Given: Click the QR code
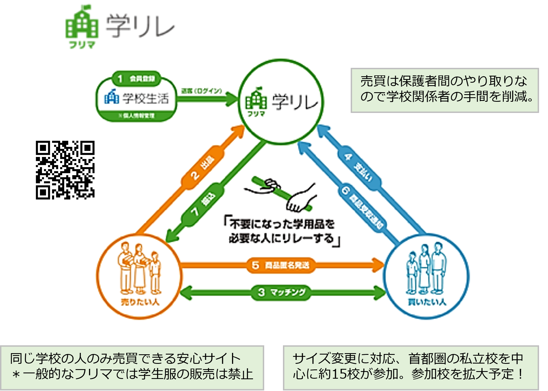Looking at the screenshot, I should coord(65,170).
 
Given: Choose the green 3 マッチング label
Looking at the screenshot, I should coord(281,292).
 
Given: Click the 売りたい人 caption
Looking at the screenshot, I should coord(140,302).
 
